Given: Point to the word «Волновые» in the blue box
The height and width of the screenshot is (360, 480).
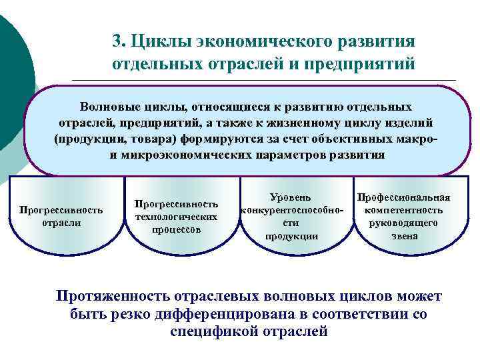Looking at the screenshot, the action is coord(109,107).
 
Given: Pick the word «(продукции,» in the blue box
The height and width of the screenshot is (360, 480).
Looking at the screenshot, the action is coord(89,139).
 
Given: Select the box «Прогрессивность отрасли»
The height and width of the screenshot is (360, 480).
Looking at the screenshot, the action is coord(61,216).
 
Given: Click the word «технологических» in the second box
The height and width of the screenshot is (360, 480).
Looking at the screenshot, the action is coord(176,217).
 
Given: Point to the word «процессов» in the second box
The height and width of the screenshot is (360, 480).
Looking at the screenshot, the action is coord(176,229).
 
